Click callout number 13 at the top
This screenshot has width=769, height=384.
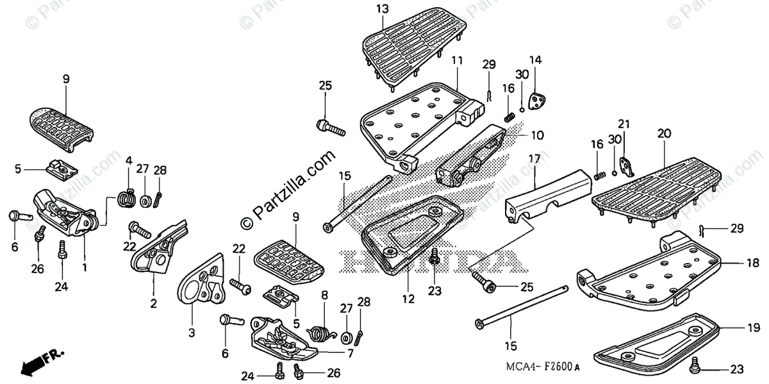tap(383, 9)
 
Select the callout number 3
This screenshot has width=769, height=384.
tap(192, 333)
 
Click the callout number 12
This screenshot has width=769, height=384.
tap(408, 299)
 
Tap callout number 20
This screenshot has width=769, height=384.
tap(664, 133)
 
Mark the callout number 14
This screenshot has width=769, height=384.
tap(535, 60)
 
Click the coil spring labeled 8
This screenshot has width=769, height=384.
tap(320, 332)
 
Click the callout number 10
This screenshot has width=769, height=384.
tap(537, 135)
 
